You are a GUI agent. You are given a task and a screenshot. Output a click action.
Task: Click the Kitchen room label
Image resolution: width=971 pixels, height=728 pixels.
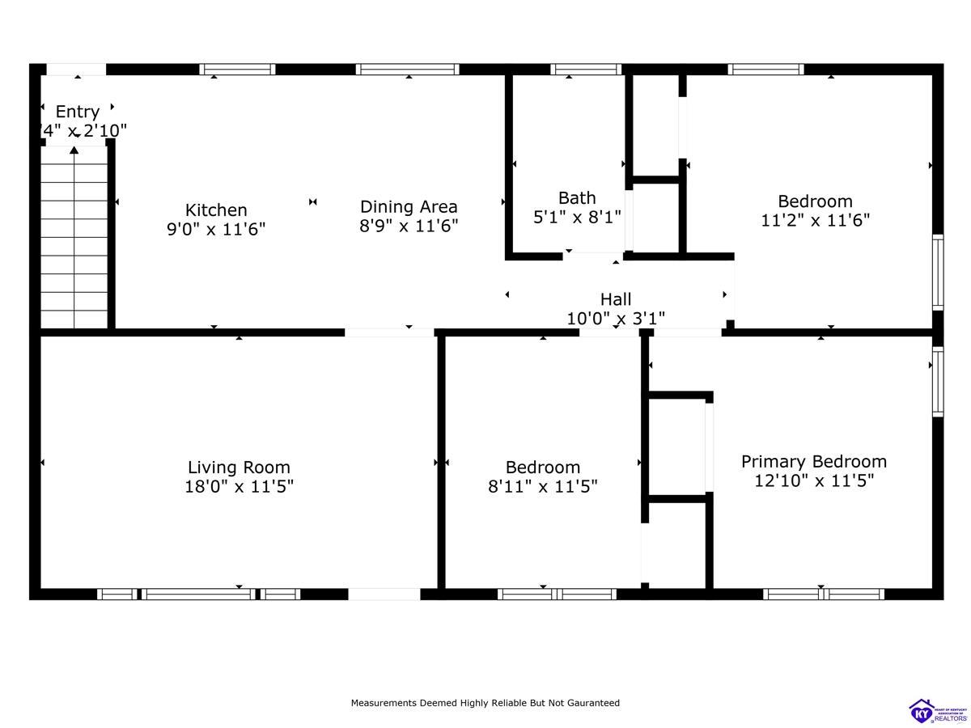pyautogui.click(x=216, y=210)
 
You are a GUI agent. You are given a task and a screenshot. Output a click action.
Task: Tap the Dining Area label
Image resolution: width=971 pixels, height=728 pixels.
pyautogui.click(x=409, y=207)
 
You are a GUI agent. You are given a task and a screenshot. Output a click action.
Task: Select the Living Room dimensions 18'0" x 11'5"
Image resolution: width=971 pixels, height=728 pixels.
pyautogui.click(x=239, y=486)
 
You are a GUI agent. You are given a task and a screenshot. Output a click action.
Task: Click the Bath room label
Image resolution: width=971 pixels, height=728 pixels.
pyautogui.click(x=577, y=198)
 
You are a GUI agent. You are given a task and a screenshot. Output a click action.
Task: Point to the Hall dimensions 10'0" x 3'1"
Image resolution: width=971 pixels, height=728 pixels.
pyautogui.click(x=616, y=319)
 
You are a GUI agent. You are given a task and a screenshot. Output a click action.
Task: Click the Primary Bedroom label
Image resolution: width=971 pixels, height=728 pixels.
pyautogui.click(x=814, y=461)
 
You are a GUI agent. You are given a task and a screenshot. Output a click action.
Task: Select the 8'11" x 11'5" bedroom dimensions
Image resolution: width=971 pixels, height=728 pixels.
pyautogui.click(x=543, y=486)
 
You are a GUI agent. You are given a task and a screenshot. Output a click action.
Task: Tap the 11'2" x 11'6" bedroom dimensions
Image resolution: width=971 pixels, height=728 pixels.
pyautogui.click(x=815, y=220)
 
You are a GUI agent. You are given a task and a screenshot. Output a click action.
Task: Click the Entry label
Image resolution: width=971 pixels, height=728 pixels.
pyautogui.click(x=78, y=112)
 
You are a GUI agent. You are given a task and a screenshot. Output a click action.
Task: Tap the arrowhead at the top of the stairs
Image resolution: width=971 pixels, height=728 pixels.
pyautogui.click(x=74, y=150)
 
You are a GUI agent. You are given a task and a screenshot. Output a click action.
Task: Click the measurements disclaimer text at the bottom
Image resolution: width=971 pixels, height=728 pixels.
pyautogui.click(x=485, y=703)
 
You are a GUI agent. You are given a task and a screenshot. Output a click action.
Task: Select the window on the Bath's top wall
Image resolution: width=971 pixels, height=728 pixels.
pyautogui.click(x=586, y=70)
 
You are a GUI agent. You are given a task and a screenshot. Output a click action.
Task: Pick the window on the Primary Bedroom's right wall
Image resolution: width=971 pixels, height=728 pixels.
pyautogui.click(x=938, y=381)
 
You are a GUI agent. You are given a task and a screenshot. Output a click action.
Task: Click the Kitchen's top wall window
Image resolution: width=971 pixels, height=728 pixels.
pyautogui.click(x=237, y=70)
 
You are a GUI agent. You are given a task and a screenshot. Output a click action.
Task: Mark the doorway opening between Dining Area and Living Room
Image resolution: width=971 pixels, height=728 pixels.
pyautogui.click(x=389, y=332)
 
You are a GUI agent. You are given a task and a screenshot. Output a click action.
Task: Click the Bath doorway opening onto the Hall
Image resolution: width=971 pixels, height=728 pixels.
pyautogui.click(x=592, y=256)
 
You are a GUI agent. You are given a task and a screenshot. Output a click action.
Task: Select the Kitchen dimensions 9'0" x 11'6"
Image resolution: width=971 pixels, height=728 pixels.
pyautogui.click(x=216, y=230)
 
